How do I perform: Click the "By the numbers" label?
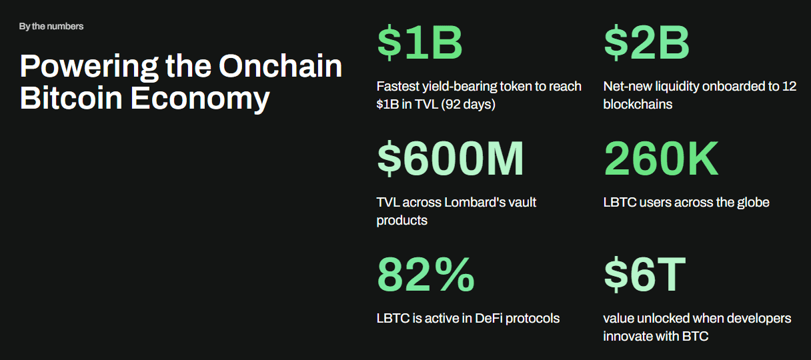(51, 27)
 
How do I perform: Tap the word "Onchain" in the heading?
(281, 66)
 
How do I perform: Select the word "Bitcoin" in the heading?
(71, 98)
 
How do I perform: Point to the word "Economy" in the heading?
(200, 99)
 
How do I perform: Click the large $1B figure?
(420, 42)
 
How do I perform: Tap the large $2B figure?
(647, 42)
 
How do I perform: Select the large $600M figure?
(450, 158)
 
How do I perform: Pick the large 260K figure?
(661, 158)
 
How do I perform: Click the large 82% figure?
(426, 274)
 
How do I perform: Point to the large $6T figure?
(645, 274)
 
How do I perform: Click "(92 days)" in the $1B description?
(468, 105)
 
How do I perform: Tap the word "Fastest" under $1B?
(397, 87)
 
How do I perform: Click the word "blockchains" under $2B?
(638, 104)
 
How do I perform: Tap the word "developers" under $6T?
(758, 319)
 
